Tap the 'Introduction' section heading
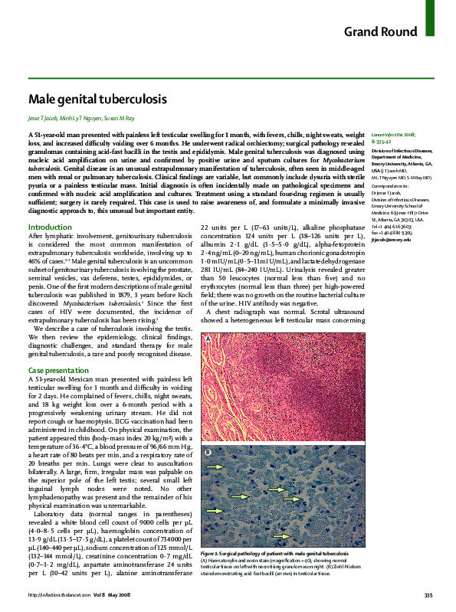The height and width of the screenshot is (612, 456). [x=50, y=206]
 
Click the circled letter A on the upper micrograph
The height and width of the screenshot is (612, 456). [x=208, y=339]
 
